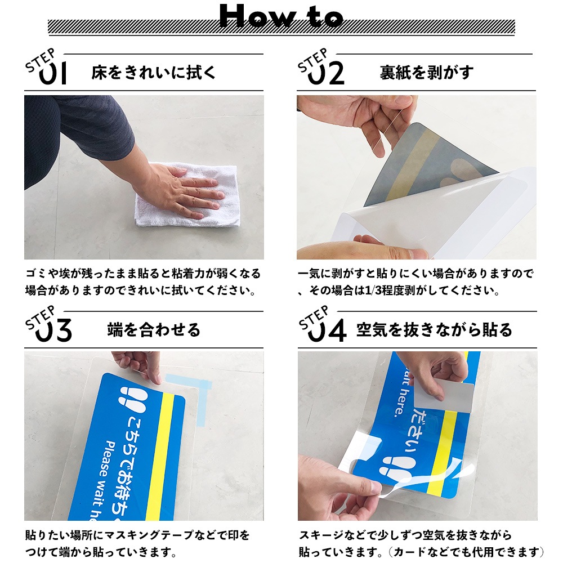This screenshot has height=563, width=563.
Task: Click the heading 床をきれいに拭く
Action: click(153, 73)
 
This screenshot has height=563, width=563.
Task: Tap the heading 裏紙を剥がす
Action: click(426, 73)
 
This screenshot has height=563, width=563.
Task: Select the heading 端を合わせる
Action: click(153, 330)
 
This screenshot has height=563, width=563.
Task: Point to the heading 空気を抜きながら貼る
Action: click(434, 330)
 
